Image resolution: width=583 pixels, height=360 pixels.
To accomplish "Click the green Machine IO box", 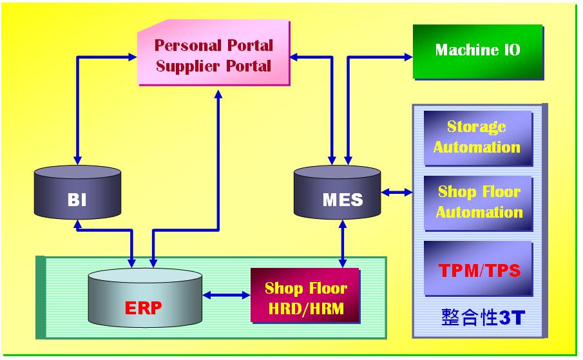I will (477, 51).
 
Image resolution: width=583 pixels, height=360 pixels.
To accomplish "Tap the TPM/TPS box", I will (477, 269).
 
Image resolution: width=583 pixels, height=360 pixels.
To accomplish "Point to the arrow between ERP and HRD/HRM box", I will (227, 296).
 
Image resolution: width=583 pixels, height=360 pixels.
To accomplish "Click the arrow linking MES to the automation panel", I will (396, 191).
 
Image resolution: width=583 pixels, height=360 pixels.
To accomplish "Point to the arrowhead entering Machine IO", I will (408, 57).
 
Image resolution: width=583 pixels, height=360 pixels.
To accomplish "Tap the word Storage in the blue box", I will (477, 127).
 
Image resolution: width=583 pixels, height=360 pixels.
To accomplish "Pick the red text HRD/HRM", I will (306, 308).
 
